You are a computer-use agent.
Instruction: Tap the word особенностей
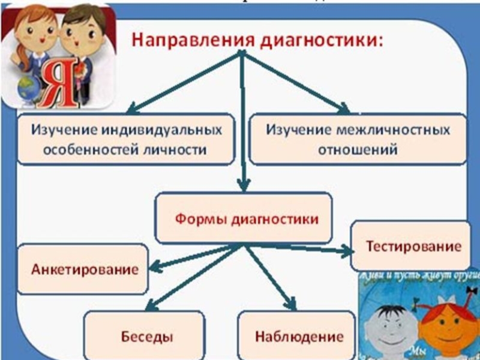81,149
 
